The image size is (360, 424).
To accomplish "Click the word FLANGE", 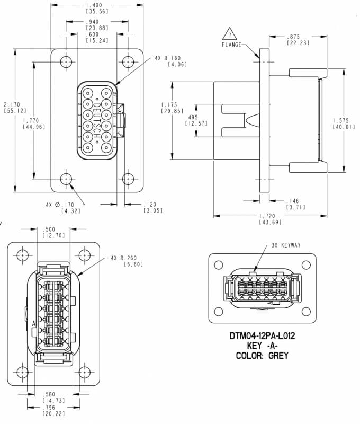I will coord(232,45).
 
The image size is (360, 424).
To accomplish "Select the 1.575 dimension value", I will coord(344,120).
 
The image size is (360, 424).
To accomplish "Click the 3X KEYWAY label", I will coord(286,245).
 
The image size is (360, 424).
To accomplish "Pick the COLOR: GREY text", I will coord(262,356).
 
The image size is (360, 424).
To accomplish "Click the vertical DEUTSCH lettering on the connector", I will coord(97,119).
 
